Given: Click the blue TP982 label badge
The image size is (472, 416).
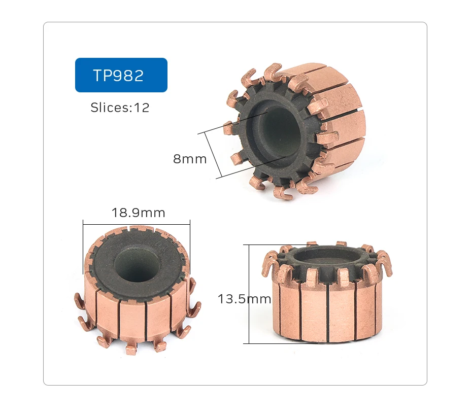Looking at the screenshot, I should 121,75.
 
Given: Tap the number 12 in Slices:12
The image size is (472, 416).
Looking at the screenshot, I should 142,108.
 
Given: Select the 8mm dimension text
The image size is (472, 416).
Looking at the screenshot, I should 190,159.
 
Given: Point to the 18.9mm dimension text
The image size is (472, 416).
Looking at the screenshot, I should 139,213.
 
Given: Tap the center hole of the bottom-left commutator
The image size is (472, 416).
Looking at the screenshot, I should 136,264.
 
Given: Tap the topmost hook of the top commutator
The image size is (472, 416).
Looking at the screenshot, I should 273,71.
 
